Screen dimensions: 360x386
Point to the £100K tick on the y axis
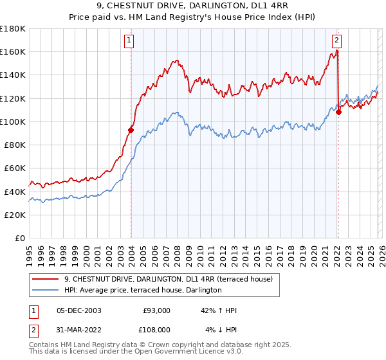tap(13, 122)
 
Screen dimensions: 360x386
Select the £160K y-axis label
tap(13, 51)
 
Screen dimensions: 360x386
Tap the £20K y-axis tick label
tap(15, 215)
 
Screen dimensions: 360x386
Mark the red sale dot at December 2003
tap(131, 130)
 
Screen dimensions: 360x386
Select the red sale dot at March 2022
tap(338, 112)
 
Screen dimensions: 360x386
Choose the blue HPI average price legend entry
tap(143, 290)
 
